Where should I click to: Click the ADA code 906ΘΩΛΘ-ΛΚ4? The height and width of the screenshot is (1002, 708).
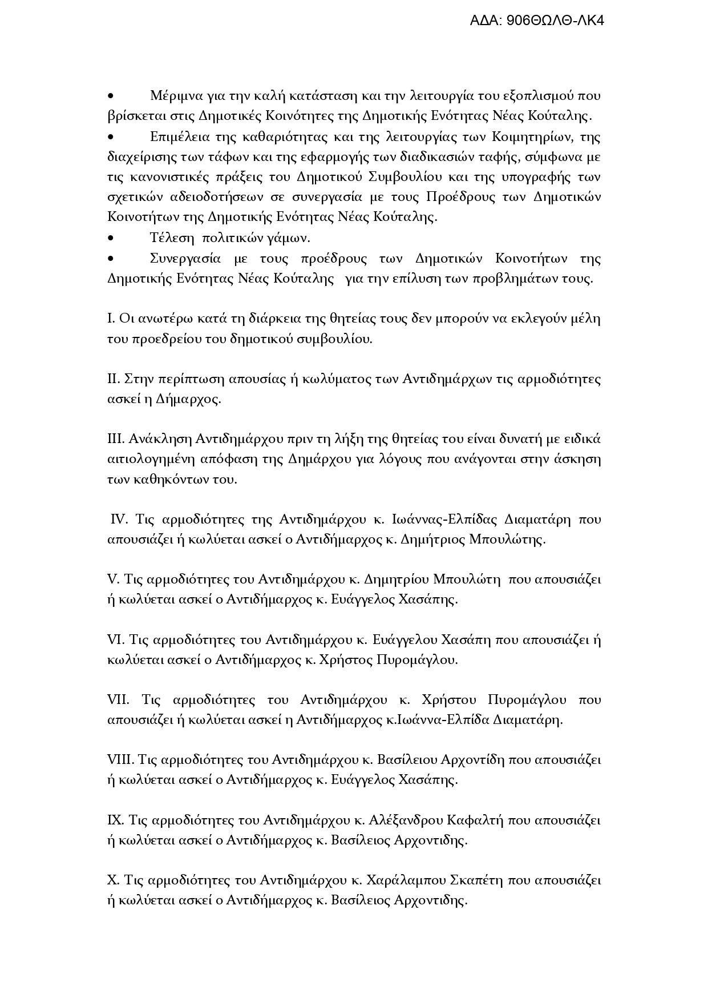click(x=537, y=21)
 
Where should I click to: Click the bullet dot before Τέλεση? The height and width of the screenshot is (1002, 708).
click(x=111, y=238)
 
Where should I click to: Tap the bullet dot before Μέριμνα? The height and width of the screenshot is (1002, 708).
click(x=111, y=96)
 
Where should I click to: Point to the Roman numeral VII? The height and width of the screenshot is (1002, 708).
click(x=118, y=699)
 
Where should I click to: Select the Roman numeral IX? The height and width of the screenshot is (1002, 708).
click(x=115, y=820)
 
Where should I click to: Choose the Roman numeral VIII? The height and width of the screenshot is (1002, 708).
click(x=120, y=760)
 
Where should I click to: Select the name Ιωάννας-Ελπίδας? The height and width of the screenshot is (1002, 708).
click(x=445, y=520)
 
